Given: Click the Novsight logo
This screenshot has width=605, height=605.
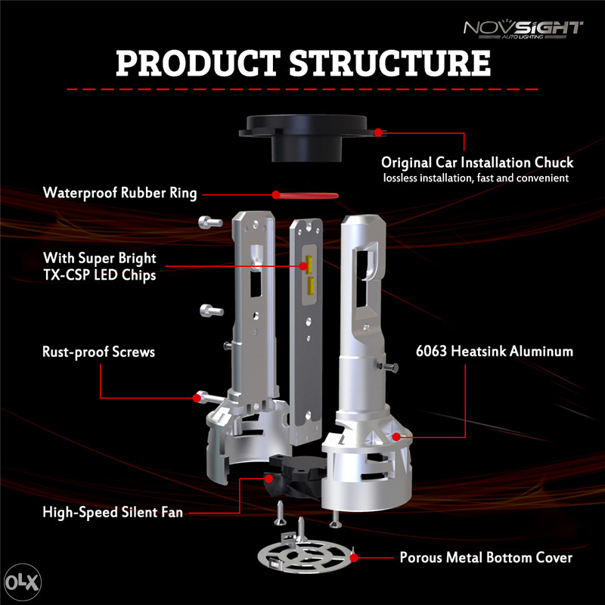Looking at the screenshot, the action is click(x=523, y=29).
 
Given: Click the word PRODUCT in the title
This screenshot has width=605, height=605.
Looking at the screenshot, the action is click(x=198, y=63).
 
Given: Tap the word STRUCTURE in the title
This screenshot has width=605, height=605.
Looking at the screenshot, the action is click(x=390, y=63).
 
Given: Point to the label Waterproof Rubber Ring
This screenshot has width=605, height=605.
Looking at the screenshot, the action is click(x=120, y=193).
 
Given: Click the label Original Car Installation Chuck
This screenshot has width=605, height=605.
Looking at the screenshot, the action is click(x=477, y=163).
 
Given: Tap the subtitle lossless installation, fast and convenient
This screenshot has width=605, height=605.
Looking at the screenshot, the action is click(x=476, y=178).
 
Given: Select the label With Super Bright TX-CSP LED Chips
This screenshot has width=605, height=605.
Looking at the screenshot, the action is click(x=100, y=267).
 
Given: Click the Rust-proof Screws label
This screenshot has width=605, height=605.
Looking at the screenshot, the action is click(x=99, y=352).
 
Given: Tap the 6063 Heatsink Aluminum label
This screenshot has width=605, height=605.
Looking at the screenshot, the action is click(x=495, y=352).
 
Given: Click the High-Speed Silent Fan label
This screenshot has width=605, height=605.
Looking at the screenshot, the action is click(x=113, y=513).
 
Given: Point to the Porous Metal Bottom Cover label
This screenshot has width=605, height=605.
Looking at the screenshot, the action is click(x=486, y=557).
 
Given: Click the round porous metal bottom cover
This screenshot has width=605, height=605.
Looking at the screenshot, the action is click(x=305, y=556).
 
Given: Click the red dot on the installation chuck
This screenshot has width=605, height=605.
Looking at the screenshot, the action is click(x=378, y=133).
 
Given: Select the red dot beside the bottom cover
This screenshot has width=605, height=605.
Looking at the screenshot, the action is click(x=354, y=557).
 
